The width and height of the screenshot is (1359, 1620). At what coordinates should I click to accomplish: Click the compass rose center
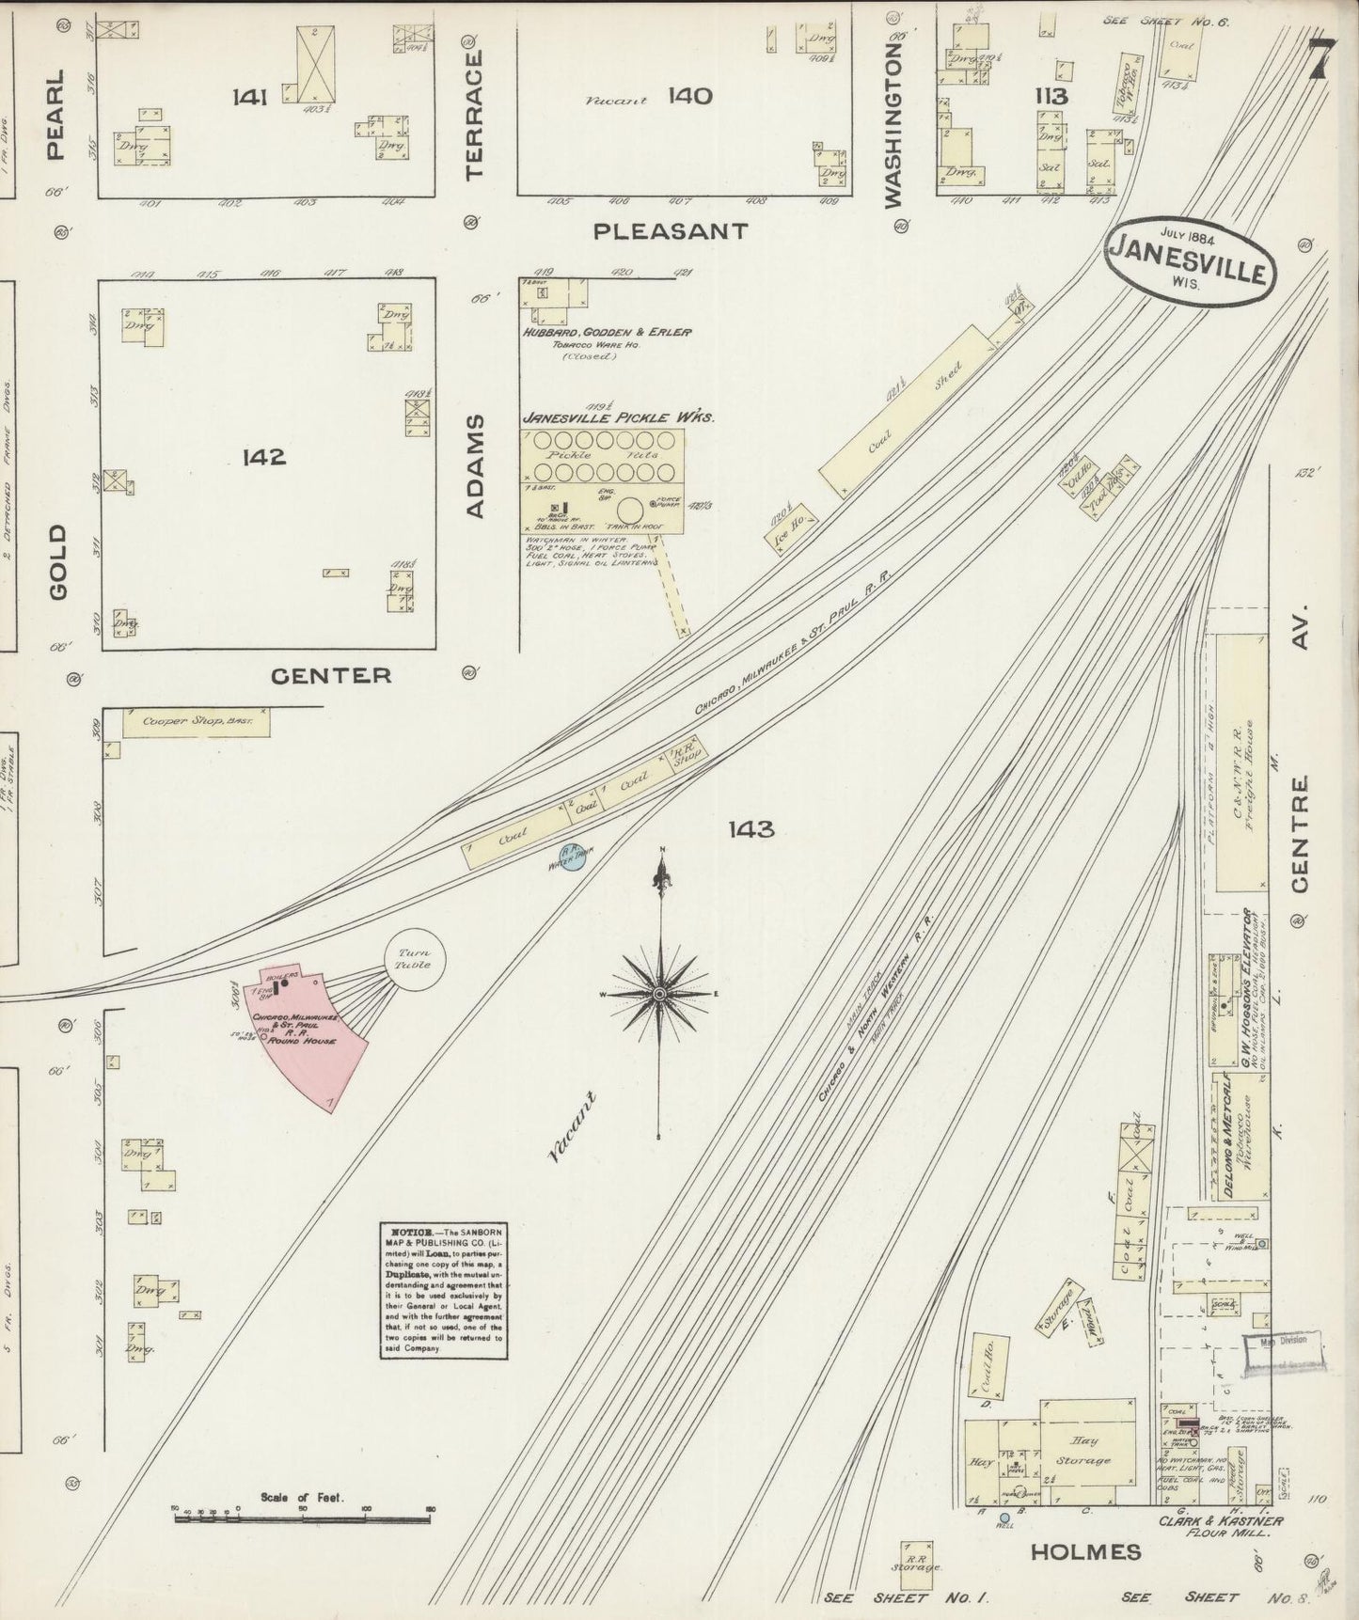click(661, 994)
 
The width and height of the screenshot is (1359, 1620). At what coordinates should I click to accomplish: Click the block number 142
click(263, 458)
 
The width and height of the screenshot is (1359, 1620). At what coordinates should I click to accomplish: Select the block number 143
click(751, 828)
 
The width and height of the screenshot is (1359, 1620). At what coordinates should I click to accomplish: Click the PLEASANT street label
click(671, 231)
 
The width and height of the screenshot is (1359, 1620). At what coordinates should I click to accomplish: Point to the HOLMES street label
click(1085, 1552)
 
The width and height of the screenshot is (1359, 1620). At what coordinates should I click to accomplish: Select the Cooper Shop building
click(196, 723)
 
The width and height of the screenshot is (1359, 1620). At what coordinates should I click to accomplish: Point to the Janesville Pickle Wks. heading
click(619, 417)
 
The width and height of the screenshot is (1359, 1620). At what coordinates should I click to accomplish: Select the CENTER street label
click(330, 675)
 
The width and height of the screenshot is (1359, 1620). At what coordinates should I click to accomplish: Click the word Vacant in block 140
click(616, 101)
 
